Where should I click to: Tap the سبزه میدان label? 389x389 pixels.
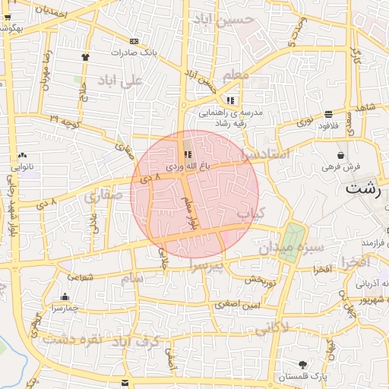click(292, 248)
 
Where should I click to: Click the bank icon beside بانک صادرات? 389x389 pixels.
click(134, 41)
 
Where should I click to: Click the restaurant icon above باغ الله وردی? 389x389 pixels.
click(188, 154)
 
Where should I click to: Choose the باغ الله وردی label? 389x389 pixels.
click(187, 166)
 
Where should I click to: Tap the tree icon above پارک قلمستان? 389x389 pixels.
click(303, 365)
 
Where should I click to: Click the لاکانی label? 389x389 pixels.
click(274, 328)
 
